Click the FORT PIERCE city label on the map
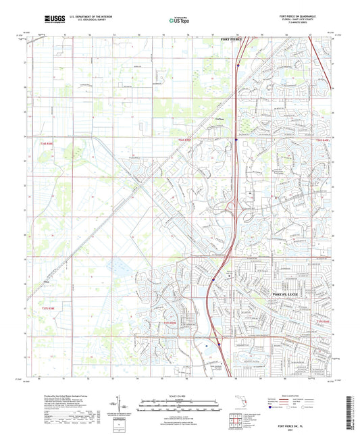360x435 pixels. click(x=231, y=40)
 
